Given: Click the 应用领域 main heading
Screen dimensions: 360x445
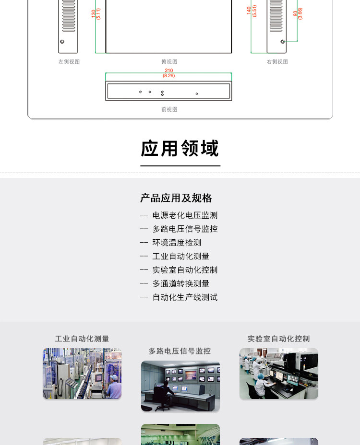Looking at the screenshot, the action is click(x=180, y=148).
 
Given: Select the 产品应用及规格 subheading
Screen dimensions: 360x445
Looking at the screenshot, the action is click(x=176, y=198).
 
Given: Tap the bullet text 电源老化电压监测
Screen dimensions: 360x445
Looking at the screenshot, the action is click(x=185, y=215).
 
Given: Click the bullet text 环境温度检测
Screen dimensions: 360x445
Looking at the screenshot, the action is click(x=177, y=242).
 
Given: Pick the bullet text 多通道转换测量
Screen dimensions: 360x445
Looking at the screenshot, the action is click(x=181, y=283).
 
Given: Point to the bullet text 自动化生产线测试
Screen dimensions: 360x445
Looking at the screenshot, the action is click(x=185, y=297).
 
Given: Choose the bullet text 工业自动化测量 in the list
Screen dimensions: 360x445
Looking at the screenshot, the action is click(x=181, y=256).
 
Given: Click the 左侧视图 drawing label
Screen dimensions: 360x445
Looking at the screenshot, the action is click(x=69, y=61).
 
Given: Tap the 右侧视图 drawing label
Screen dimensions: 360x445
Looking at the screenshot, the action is click(x=277, y=61).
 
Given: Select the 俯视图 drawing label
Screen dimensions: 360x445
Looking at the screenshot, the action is click(x=169, y=61).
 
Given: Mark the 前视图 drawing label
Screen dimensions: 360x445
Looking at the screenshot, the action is click(x=169, y=109).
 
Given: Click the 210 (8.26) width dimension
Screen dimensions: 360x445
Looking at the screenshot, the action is click(x=169, y=73).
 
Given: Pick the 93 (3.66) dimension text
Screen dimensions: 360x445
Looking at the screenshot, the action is click(x=298, y=13).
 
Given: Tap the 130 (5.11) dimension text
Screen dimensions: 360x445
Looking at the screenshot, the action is click(x=96, y=13).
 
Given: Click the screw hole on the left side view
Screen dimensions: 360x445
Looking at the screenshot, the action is click(x=62, y=42).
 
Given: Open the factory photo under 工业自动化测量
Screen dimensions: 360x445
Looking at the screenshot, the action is click(x=82, y=374).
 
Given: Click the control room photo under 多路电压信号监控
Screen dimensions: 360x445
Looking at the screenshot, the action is click(x=180, y=386).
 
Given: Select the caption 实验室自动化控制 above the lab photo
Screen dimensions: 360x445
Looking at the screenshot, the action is click(x=279, y=339).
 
